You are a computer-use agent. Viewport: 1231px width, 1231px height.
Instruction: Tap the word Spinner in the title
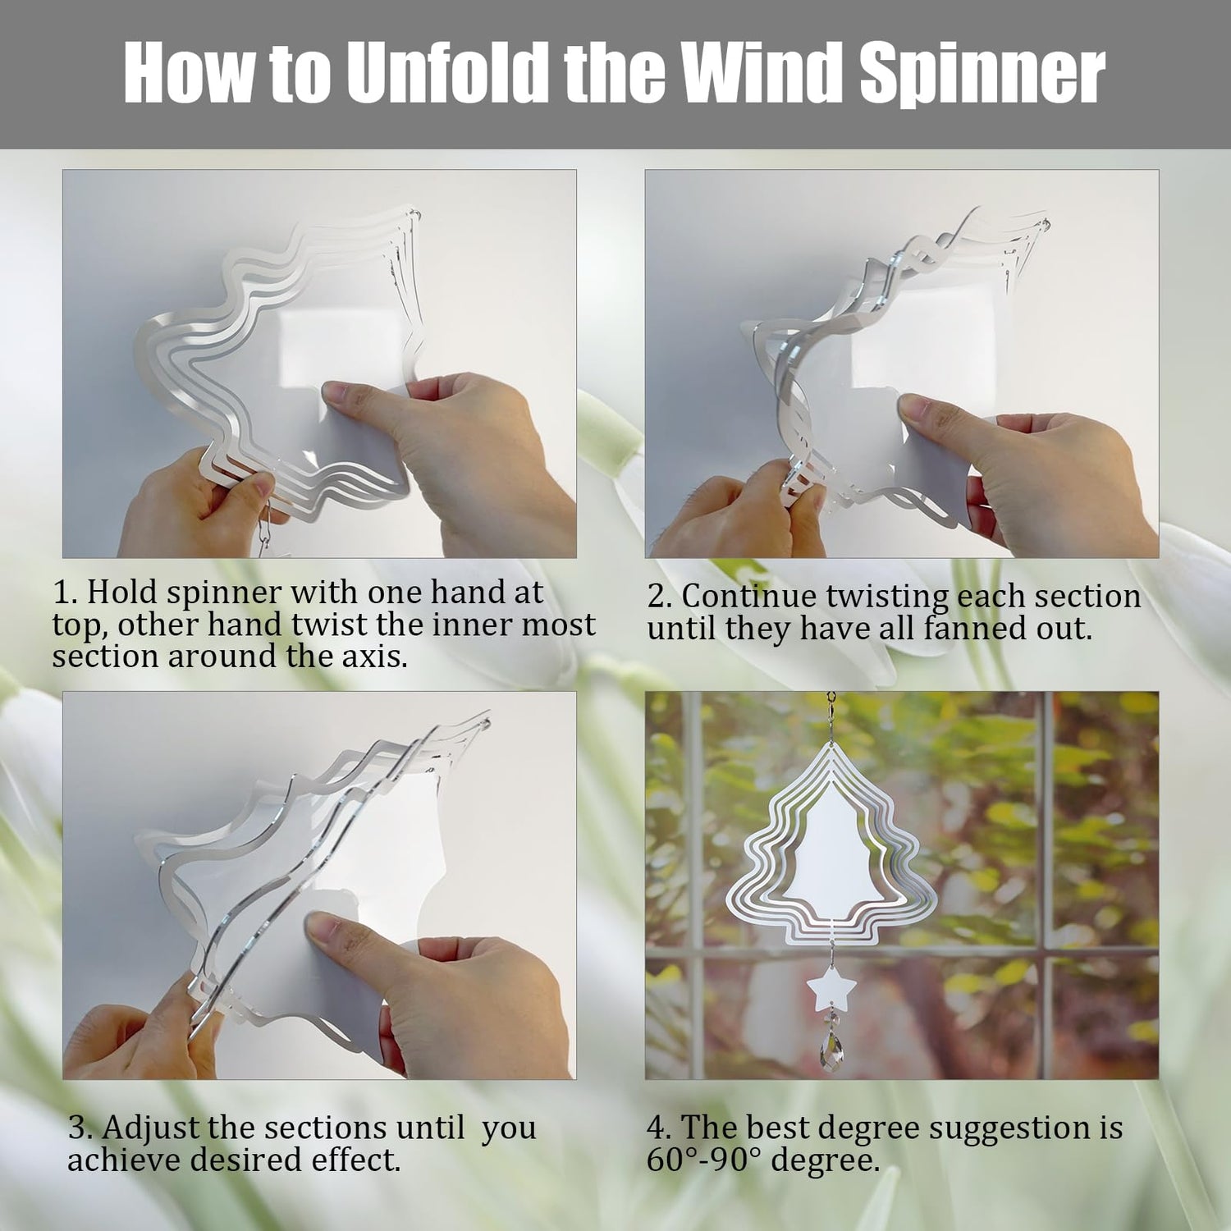click(x=982, y=75)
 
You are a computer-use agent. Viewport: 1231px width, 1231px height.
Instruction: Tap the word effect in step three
click(x=356, y=1160)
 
